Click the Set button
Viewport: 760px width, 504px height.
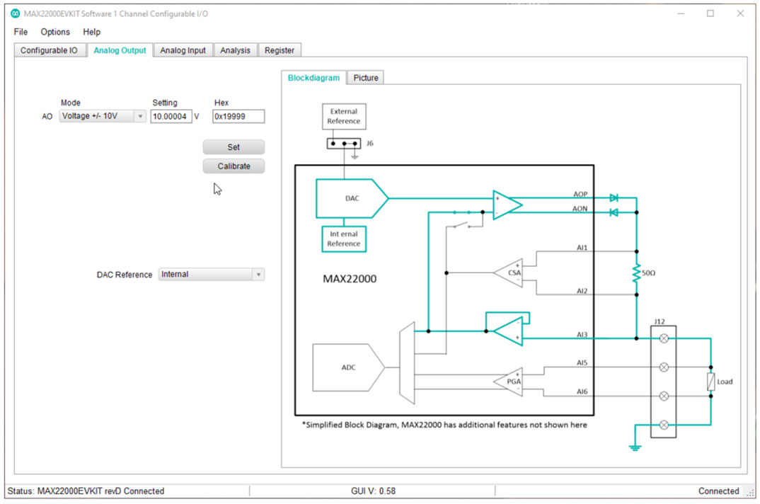click(234, 147)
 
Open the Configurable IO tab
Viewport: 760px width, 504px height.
click(49, 50)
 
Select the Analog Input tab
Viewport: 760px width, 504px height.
click(183, 50)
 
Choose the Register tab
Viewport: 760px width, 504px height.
click(280, 50)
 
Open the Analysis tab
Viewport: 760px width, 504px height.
click(235, 50)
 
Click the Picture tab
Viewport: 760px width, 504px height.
click(365, 78)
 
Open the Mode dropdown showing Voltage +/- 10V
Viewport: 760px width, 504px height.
click(103, 116)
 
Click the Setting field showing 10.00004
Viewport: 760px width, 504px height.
click(171, 116)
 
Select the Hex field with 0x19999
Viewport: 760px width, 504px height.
click(238, 116)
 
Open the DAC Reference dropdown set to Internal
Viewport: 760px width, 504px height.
click(211, 275)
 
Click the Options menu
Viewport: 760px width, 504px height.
click(55, 32)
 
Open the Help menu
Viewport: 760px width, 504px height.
click(91, 32)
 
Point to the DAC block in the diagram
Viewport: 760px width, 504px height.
click(352, 198)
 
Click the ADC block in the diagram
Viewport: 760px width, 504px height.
click(348, 367)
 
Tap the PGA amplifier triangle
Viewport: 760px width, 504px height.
click(512, 381)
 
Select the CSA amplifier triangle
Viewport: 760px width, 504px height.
click(512, 272)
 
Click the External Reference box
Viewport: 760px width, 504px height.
click(344, 116)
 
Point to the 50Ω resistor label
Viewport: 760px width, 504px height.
click(648, 272)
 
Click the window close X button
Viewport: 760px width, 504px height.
click(740, 13)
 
